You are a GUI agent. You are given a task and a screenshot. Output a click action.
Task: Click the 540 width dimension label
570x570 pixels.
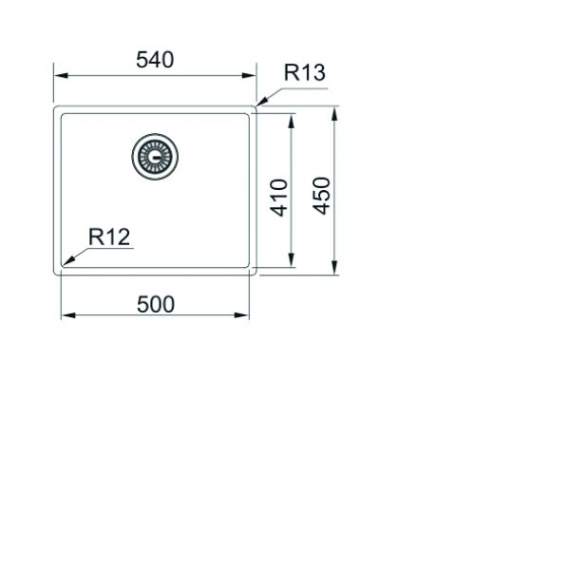[155, 60]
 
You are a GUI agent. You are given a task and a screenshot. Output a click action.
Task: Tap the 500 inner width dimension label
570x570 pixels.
[156, 305]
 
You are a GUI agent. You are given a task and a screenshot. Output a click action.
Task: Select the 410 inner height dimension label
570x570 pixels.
[279, 198]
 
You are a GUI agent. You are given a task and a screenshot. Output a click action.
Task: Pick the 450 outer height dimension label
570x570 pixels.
[322, 196]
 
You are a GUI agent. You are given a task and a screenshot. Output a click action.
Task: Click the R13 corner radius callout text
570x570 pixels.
[304, 72]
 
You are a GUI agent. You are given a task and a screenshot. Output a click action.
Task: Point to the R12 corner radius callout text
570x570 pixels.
[109, 237]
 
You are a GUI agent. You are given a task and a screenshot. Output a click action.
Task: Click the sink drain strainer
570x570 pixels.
[155, 157]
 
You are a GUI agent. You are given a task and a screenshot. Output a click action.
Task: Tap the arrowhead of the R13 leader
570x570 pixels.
[262, 102]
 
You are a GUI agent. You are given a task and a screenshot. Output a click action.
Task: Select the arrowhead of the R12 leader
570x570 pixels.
[68, 260]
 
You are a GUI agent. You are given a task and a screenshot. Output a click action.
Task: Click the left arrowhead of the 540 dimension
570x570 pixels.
[61, 76]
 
